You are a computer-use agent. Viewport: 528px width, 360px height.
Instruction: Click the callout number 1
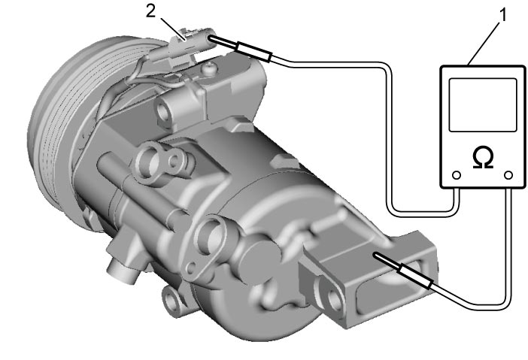tap(502, 15)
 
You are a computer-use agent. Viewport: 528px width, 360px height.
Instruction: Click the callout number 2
tap(150, 11)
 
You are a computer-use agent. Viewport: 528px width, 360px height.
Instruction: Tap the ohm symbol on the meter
tap(483, 158)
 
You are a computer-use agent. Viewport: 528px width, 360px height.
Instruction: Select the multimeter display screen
tap(483, 105)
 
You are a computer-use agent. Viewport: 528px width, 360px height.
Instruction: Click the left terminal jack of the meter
tap(457, 175)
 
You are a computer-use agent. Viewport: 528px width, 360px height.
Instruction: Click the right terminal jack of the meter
tap(508, 175)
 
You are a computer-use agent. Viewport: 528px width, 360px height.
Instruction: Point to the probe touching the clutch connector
tap(240, 47)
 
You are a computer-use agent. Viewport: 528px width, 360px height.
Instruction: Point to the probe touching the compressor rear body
tap(403, 270)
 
